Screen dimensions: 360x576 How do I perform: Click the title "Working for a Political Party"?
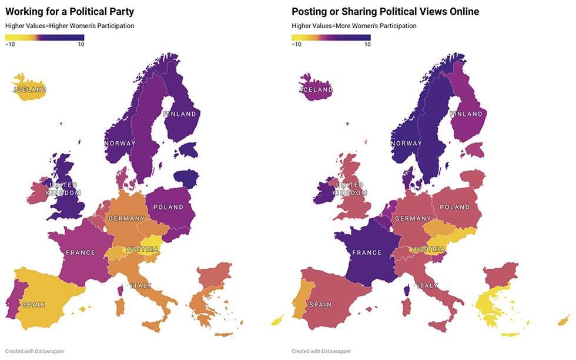click(x=69, y=11)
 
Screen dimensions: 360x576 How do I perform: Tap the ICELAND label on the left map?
click(x=29, y=90)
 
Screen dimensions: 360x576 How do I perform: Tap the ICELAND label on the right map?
click(x=316, y=90)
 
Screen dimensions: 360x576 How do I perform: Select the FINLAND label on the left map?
click(x=179, y=114)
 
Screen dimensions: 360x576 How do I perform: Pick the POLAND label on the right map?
click(x=455, y=207)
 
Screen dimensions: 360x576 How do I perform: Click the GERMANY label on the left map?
click(x=126, y=219)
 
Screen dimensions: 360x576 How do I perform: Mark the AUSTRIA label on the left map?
click(x=142, y=249)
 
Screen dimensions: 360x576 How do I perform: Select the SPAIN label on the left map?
click(x=34, y=305)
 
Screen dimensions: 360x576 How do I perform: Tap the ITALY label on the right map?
click(x=427, y=286)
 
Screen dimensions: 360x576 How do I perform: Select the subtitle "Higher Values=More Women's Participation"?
click(x=354, y=26)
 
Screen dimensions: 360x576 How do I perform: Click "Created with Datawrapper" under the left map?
click(x=35, y=351)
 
